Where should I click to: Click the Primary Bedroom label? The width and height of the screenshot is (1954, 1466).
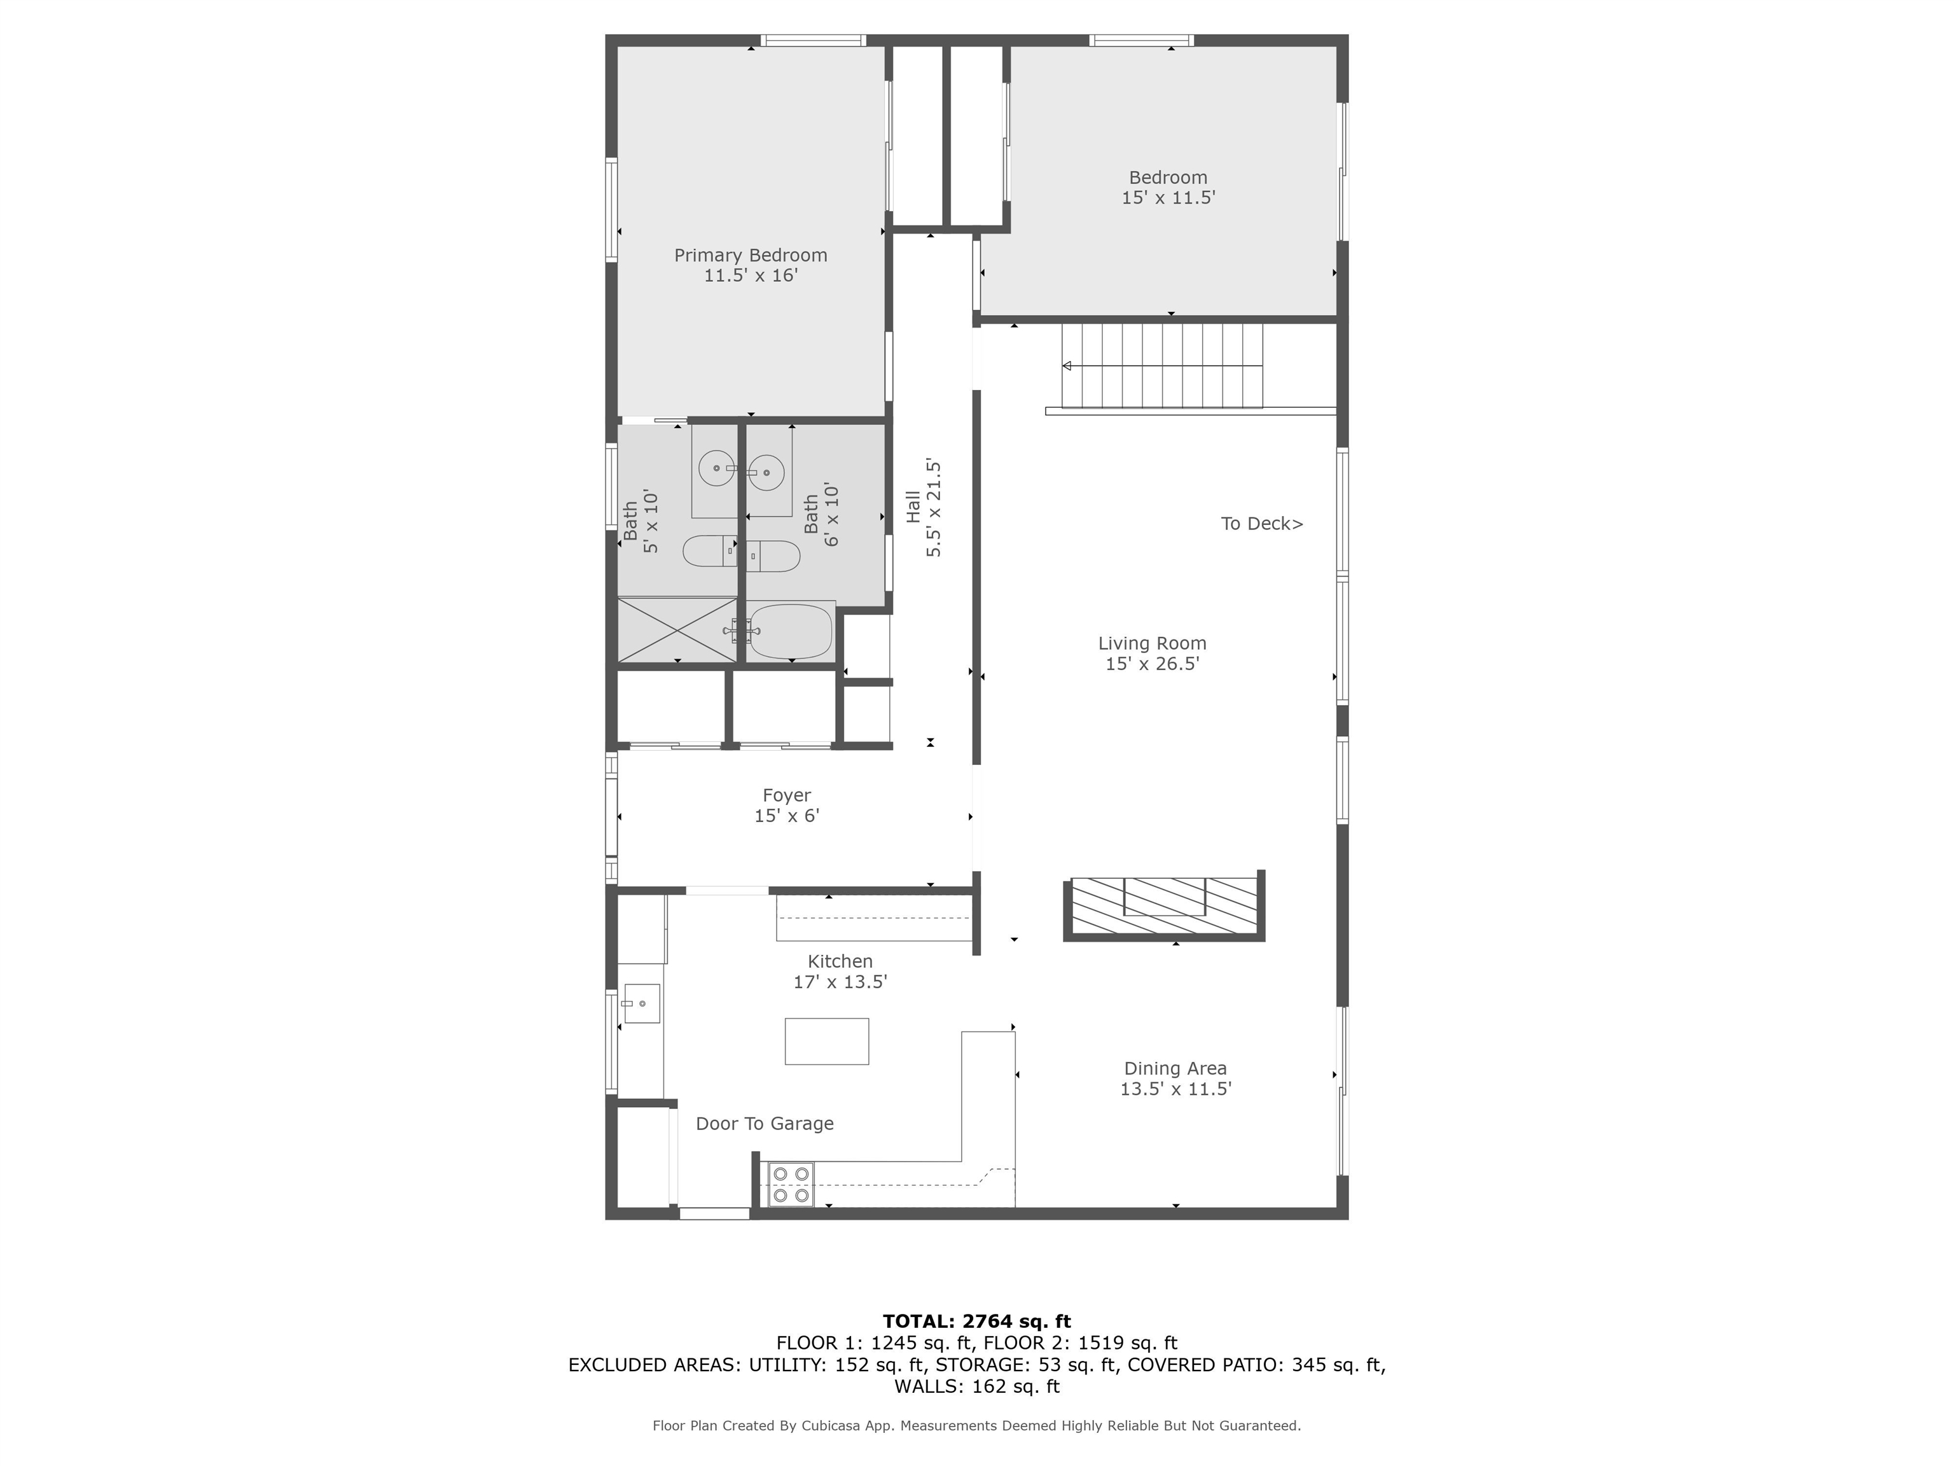point(750,255)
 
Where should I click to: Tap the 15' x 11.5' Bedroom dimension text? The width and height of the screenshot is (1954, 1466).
point(1168,198)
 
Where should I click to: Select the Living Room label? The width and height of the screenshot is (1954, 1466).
point(1151,643)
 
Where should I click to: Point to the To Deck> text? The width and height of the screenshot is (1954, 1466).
point(1261,524)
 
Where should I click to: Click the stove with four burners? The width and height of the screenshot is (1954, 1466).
point(790,1185)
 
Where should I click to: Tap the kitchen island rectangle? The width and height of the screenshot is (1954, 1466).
point(826,1041)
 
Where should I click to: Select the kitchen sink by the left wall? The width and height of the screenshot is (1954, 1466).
point(641,1004)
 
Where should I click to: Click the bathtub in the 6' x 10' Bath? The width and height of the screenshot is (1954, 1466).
point(791,631)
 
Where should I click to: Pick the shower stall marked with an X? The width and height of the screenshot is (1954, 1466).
point(677,630)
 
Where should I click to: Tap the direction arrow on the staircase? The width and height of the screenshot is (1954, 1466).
point(1067,366)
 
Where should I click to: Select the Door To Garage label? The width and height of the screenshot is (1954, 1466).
point(764,1124)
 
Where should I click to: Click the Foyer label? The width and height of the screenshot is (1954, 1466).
point(786,795)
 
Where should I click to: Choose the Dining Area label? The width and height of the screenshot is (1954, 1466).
point(1174,1068)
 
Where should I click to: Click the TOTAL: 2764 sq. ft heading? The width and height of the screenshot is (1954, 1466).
point(976,1321)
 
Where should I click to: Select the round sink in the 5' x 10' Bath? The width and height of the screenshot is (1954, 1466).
point(716,468)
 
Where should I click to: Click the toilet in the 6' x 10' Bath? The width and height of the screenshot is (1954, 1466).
point(775,556)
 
